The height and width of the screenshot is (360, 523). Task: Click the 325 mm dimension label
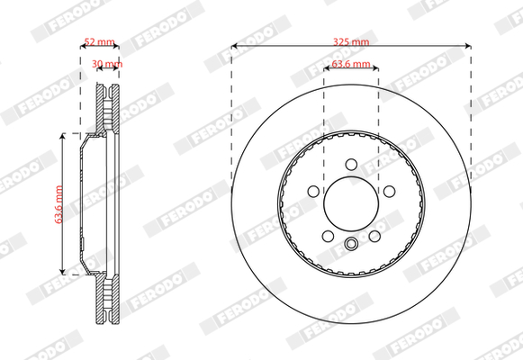[x=351, y=42]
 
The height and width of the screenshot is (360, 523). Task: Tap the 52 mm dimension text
[x=99, y=42]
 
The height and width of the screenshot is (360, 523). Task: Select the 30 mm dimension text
[x=107, y=63]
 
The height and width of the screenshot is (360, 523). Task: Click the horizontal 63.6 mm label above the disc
[x=351, y=64]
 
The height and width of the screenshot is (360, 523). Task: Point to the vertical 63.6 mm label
[x=59, y=204]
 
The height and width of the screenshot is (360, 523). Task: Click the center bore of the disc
[x=351, y=203]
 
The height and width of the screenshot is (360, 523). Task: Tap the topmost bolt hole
[x=351, y=165]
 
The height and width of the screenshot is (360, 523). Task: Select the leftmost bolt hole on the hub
[x=313, y=192]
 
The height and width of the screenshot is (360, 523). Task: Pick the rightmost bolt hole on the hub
[x=389, y=192]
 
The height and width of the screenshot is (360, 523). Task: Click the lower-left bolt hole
[x=328, y=236]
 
